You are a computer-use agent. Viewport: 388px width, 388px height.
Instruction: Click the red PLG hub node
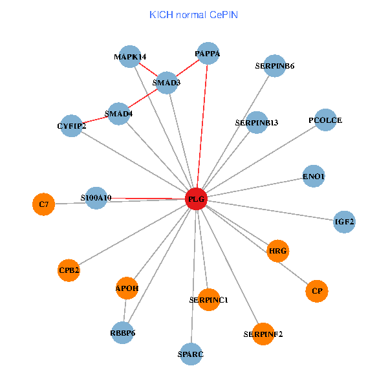point(196,199)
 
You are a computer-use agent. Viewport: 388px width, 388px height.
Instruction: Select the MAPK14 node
point(130,57)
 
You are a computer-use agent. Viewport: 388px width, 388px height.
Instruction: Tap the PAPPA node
point(208,54)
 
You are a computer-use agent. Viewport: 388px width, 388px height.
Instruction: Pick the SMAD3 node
point(167,83)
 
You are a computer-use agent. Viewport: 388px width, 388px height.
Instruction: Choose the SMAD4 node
point(119,114)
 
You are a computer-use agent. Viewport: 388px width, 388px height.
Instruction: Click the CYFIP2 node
point(71,126)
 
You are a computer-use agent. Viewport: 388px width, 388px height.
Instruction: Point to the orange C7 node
point(43,204)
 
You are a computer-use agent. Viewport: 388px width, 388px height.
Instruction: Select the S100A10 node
point(96,198)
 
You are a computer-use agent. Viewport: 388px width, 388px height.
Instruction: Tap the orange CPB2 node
point(69,270)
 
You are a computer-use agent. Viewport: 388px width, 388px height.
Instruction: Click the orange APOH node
point(127,288)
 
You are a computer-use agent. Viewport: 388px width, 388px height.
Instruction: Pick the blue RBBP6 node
point(122,333)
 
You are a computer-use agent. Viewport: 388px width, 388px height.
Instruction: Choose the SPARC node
point(191,354)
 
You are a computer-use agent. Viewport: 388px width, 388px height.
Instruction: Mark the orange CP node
point(317,291)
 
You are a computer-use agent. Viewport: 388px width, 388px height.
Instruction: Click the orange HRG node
point(278,251)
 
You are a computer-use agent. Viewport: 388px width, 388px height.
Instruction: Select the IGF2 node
point(344,222)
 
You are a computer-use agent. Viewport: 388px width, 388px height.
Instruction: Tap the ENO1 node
point(314,176)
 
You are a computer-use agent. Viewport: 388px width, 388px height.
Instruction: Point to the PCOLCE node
point(325,120)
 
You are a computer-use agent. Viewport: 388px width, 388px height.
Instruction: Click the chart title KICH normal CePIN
point(194,15)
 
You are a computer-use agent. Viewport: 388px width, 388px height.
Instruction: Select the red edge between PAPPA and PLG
point(202,126)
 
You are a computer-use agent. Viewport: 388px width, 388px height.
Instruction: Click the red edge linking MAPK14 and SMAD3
point(148,70)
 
